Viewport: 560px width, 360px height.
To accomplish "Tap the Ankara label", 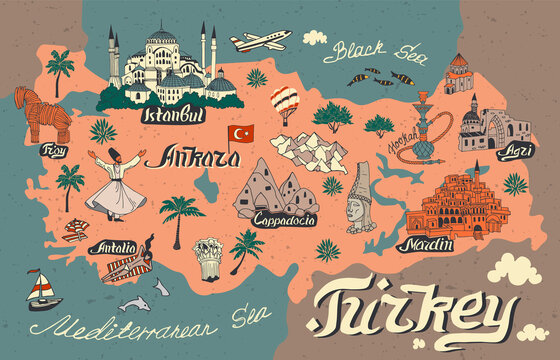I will coord(205,158).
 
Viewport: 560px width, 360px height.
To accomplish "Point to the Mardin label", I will coord(424,243).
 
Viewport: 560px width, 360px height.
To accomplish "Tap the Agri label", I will coord(519,146).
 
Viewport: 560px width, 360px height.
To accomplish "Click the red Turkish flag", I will coord(241,133).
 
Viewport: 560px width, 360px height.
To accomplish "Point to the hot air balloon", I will coord(285,102).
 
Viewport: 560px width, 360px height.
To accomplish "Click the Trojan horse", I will coord(33,108).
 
